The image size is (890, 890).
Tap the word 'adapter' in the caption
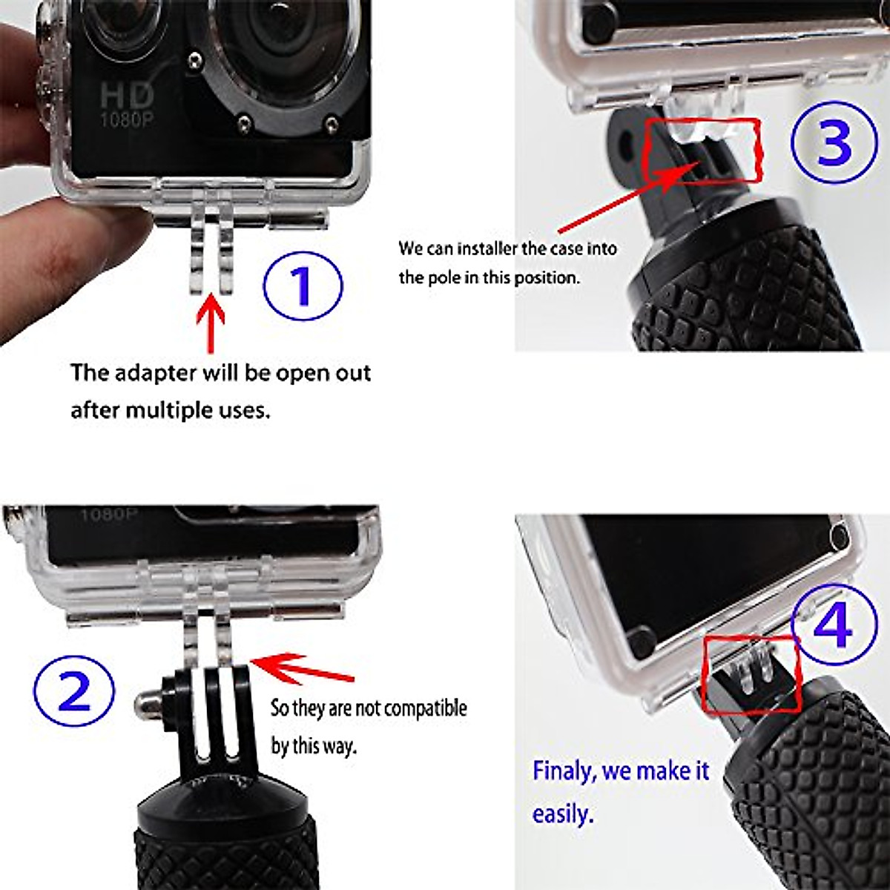(156, 373)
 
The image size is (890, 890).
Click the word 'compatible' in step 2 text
(421, 709)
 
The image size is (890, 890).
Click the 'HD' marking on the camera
(127, 94)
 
